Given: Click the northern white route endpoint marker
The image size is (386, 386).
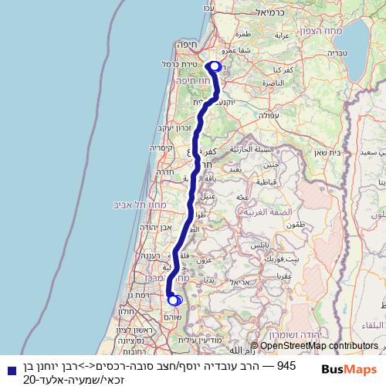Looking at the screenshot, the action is [214, 67].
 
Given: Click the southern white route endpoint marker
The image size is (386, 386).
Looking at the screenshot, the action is [174, 300].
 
